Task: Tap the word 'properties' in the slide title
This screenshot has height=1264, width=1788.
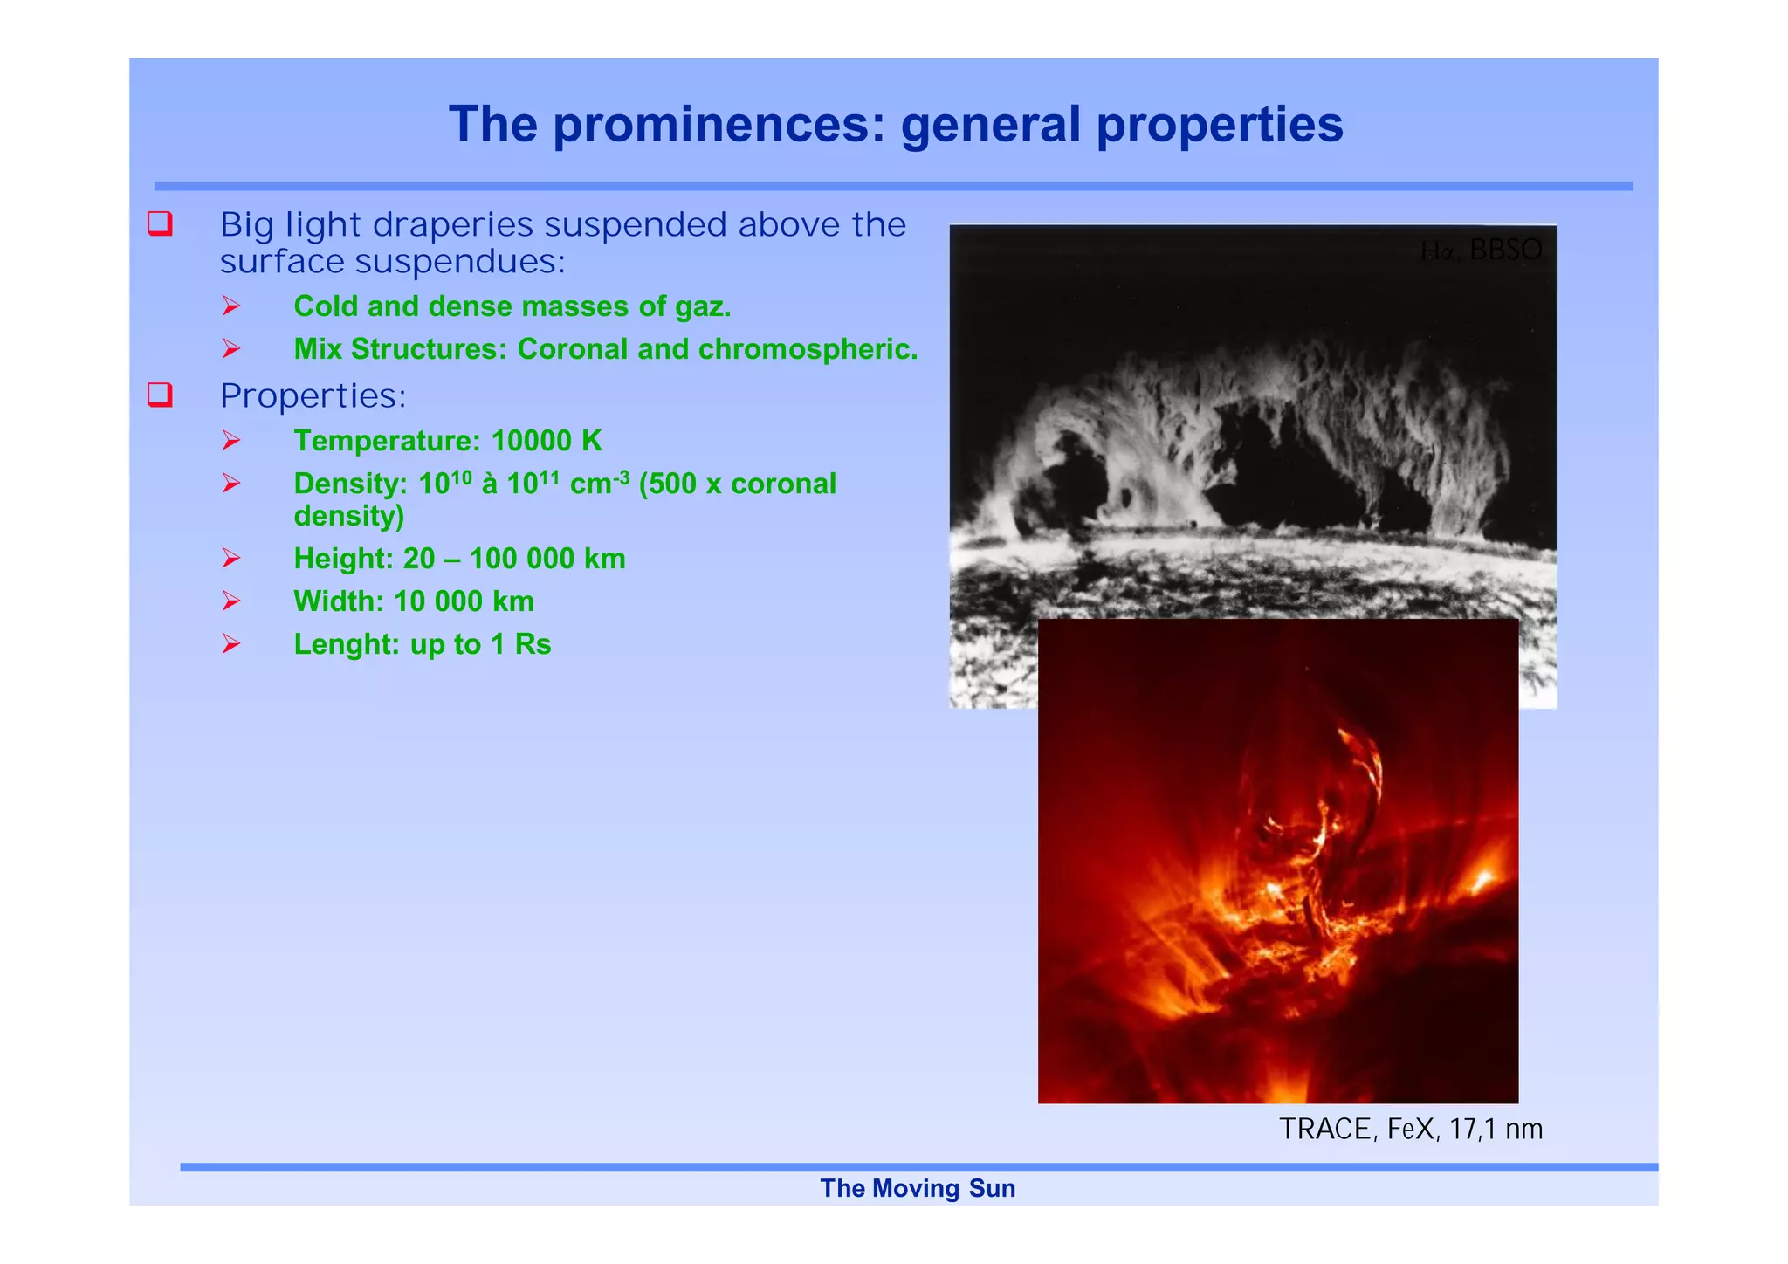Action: pyautogui.click(x=1220, y=125)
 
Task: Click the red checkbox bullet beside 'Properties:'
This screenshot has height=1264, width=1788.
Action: pyautogui.click(x=160, y=395)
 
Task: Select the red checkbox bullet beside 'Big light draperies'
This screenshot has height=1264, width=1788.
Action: pyautogui.click(x=160, y=224)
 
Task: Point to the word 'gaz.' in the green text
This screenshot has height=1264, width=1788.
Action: pyautogui.click(x=703, y=306)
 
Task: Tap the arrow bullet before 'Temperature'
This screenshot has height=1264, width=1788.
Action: pyautogui.click(x=231, y=440)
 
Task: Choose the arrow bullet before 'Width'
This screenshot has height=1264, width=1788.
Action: pyautogui.click(x=231, y=601)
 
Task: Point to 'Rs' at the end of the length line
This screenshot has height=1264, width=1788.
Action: pyautogui.click(x=533, y=644)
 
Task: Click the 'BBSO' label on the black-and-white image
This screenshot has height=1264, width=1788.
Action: pyautogui.click(x=1505, y=251)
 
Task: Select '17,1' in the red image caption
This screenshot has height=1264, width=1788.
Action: pyautogui.click(x=1472, y=1130)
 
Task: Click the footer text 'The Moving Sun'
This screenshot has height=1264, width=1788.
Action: pyautogui.click(x=918, y=1188)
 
